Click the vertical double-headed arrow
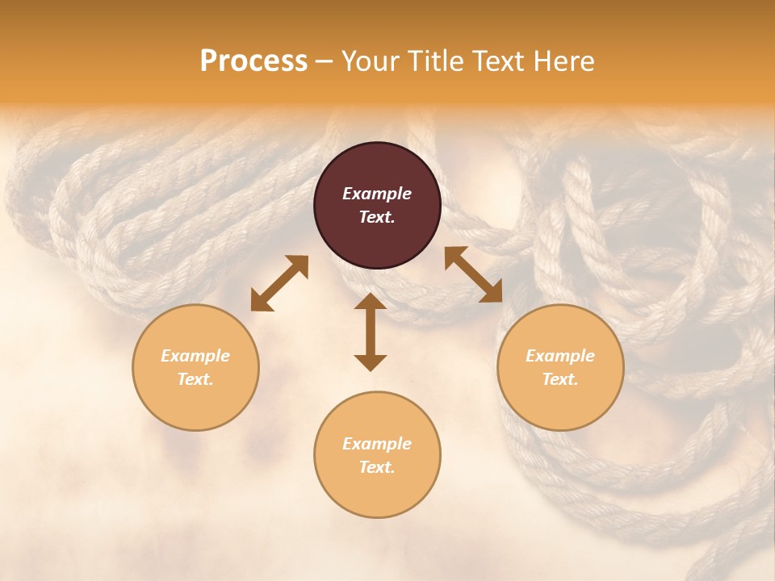pyautogui.click(x=371, y=332)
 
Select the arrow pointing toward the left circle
pyautogui.click(x=279, y=283)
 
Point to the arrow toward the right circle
pyautogui.click(x=473, y=274)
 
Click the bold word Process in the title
pyautogui.click(x=253, y=61)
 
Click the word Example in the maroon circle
pyautogui.click(x=377, y=194)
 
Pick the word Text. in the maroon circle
pyautogui.click(x=377, y=217)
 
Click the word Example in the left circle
pyautogui.click(x=195, y=356)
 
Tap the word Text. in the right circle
pyautogui.click(x=560, y=379)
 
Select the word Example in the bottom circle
pyautogui.click(x=377, y=444)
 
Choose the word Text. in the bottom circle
pyautogui.click(x=377, y=467)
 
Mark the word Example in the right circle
pyautogui.click(x=560, y=356)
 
